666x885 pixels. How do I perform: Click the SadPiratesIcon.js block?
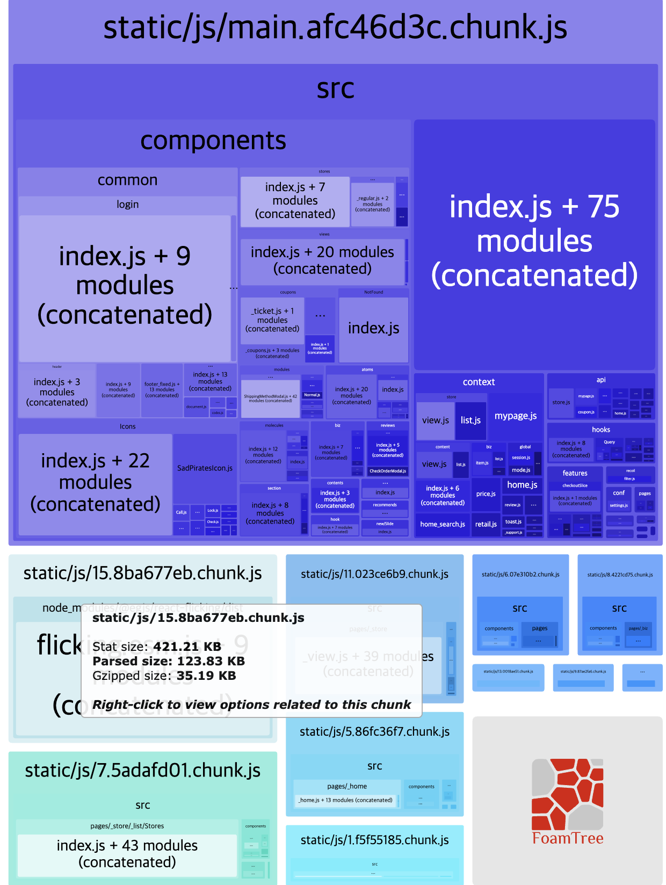pos(205,468)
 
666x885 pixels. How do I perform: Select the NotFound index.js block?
pos(373,328)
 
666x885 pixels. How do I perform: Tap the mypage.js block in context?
pos(515,416)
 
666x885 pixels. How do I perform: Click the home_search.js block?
pos(442,524)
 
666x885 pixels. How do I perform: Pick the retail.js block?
pos(486,524)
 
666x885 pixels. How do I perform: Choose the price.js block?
pos(486,494)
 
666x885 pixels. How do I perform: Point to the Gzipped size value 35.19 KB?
pos(206,676)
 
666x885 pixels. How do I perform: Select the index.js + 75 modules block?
pos(534,242)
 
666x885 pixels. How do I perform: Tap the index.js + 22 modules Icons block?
pos(95,482)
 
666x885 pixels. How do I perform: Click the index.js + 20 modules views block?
pos(322,260)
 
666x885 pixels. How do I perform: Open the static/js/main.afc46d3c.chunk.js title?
pos(335,28)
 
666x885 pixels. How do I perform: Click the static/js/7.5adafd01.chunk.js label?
pos(142,770)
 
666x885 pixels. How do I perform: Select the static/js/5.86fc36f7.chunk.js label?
pos(374,731)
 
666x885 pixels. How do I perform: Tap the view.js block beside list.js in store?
pos(435,420)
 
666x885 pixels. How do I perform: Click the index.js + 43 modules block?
pos(127,854)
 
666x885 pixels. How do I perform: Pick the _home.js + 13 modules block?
pos(345,800)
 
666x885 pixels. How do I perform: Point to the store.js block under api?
pos(561,402)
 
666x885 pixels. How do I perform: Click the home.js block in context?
pos(522,485)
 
